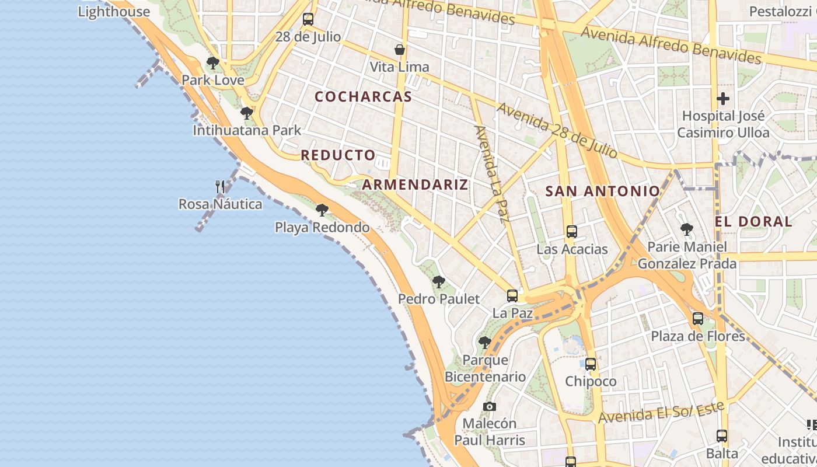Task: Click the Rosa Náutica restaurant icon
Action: (220, 187)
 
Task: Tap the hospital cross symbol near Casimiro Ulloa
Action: (723, 98)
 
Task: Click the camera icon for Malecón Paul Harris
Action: (490, 406)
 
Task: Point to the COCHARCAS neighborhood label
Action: (364, 97)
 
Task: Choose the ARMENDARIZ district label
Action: (415, 185)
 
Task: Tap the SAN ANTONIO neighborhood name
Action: (602, 191)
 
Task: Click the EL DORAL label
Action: (753, 222)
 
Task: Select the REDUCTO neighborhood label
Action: (338, 155)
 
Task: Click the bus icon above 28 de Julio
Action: (308, 19)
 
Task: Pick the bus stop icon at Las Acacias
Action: (572, 231)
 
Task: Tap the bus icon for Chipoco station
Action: (591, 364)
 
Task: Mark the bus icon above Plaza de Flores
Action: (698, 319)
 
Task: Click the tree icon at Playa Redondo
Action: (322, 210)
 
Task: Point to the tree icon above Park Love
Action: (213, 62)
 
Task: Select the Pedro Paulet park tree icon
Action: (439, 282)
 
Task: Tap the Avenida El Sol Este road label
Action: (661, 412)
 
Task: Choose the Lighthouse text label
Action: (114, 12)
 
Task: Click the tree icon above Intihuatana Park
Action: (247, 113)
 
